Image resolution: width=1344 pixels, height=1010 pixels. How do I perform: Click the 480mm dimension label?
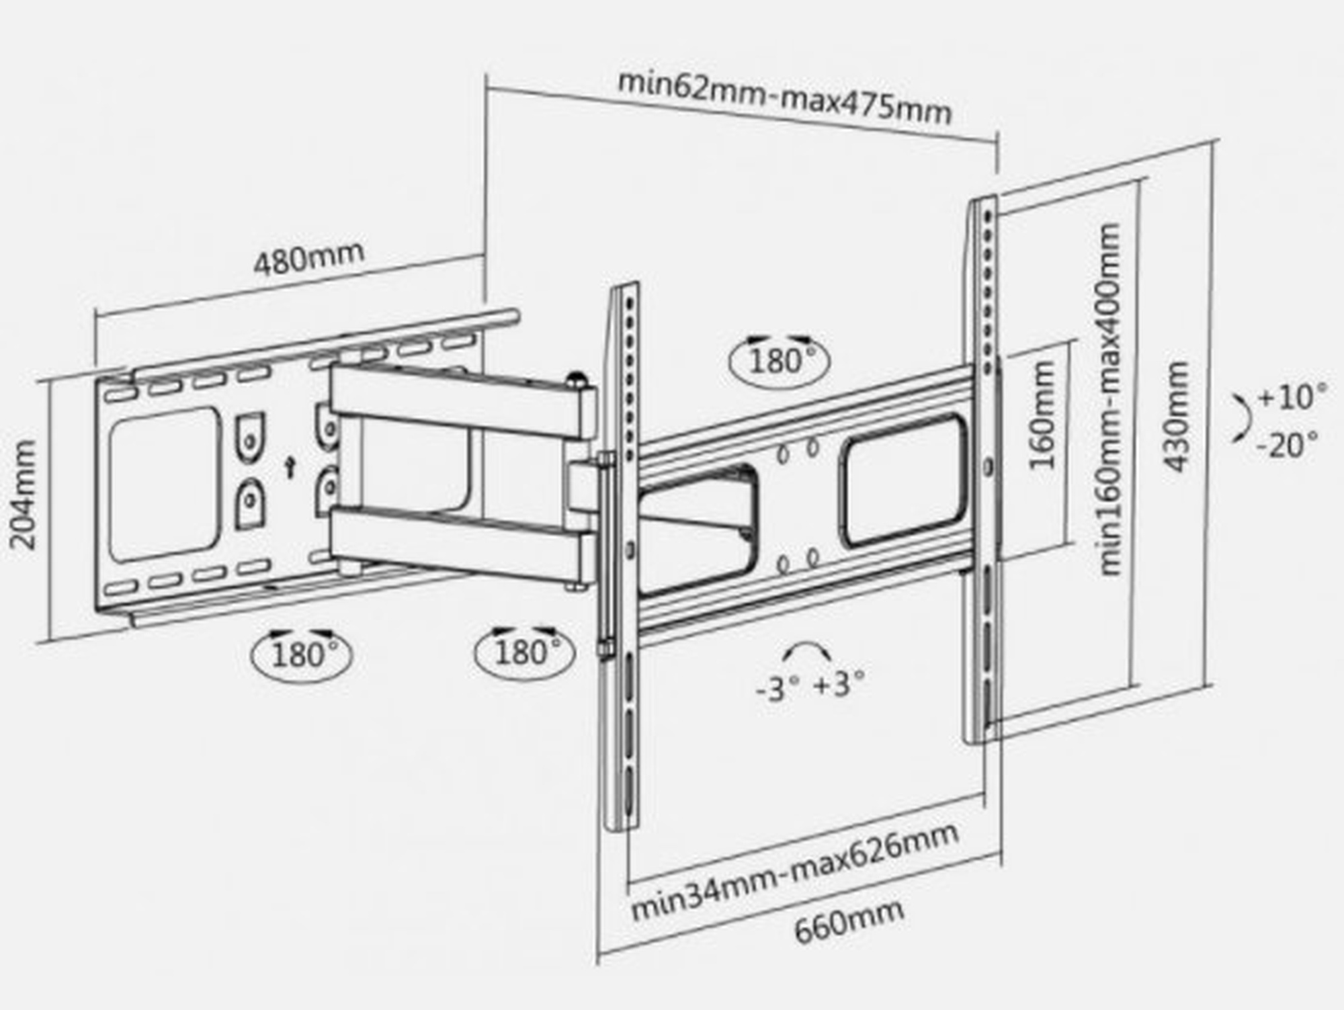(x=309, y=257)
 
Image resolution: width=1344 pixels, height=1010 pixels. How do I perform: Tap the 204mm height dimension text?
(x=24, y=495)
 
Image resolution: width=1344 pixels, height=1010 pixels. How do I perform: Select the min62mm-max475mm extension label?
(x=784, y=96)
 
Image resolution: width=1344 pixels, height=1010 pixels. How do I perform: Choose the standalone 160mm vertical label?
(x=1042, y=415)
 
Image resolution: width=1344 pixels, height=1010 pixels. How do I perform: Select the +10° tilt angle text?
(x=1292, y=396)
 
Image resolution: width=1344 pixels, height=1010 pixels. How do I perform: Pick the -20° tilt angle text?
(x=1286, y=445)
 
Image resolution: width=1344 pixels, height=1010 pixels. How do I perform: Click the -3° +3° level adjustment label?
(x=810, y=686)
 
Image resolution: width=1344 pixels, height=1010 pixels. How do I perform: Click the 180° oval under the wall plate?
(x=302, y=653)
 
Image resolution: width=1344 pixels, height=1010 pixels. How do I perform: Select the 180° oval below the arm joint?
(x=525, y=652)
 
